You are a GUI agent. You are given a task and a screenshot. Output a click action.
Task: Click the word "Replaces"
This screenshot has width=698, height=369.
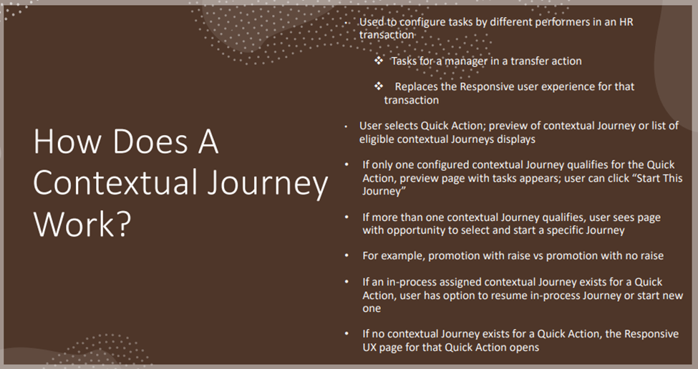[416, 87]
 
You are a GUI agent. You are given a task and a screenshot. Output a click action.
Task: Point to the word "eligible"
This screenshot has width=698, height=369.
[377, 139]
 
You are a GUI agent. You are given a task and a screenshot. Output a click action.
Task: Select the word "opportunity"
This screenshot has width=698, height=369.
[420, 230]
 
